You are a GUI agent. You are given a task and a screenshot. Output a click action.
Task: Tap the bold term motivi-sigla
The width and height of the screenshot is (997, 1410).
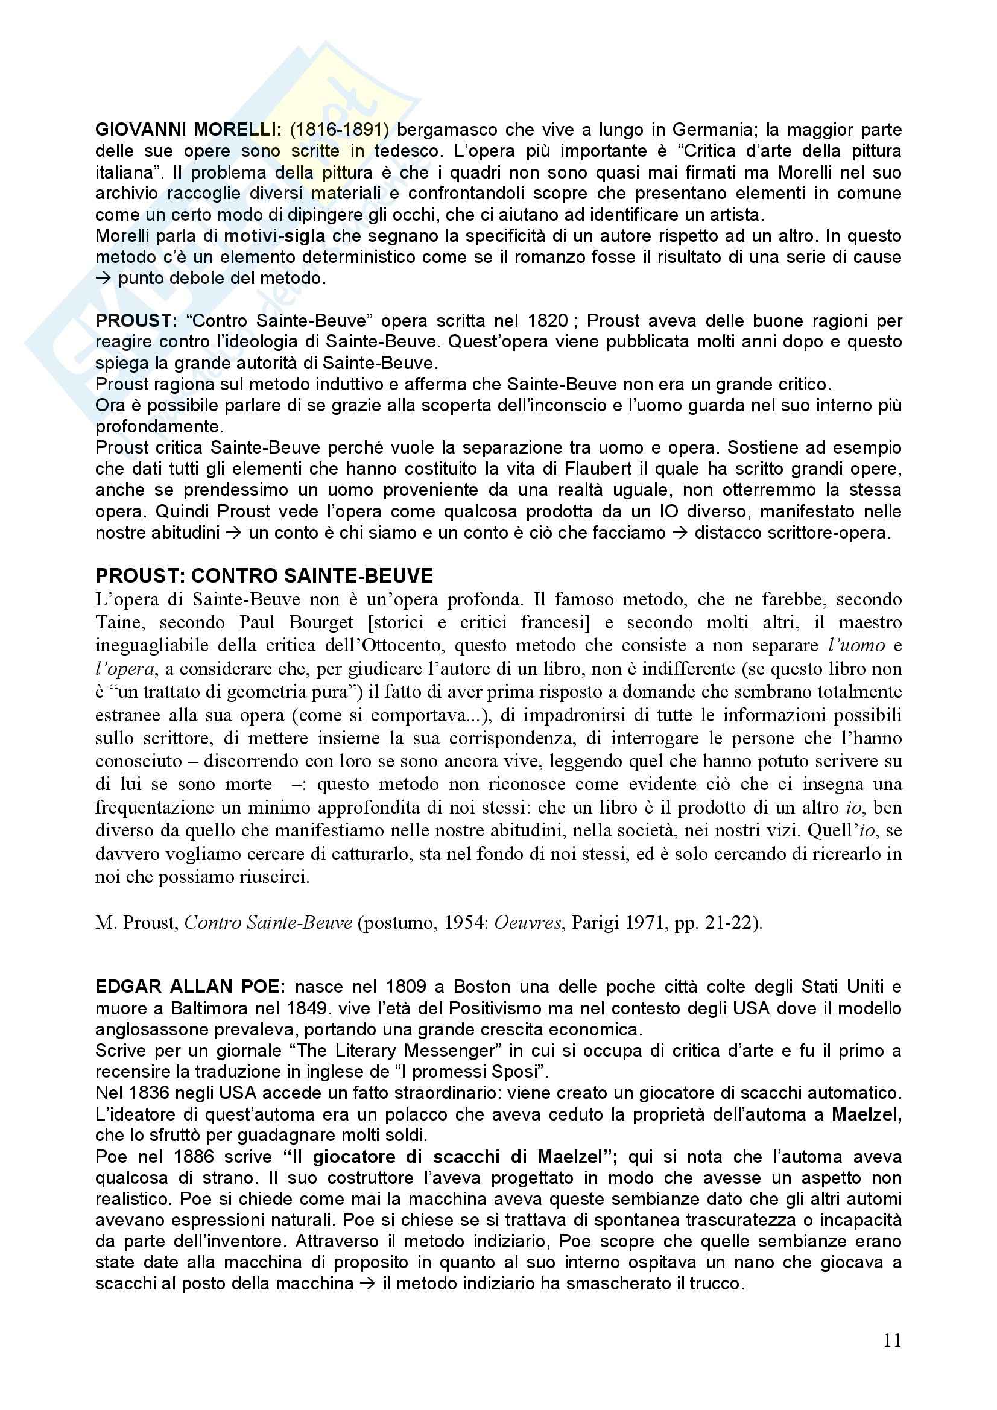coord(274,236)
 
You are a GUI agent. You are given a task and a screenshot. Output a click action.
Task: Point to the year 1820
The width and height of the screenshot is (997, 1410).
coord(547,321)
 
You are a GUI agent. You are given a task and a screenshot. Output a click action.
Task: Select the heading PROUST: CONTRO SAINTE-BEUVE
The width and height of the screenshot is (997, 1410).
coord(264,575)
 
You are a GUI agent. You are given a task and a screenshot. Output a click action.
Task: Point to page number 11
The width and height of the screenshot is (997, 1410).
coord(892,1341)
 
